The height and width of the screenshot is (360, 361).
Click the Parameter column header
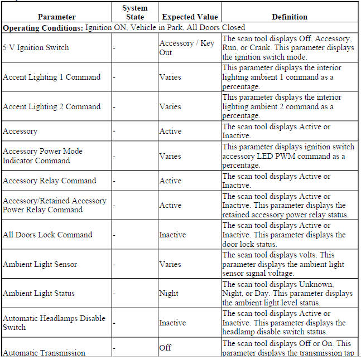pyautogui.click(x=56, y=17)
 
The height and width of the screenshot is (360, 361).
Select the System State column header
pyautogui.click(x=134, y=12)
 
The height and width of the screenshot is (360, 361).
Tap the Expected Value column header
pyautogui.click(x=189, y=17)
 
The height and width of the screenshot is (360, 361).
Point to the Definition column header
pyautogui.click(x=290, y=17)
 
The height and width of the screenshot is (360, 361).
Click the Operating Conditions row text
pyautogui.click(x=124, y=27)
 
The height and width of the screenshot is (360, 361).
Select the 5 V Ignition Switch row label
pyautogui.click(x=36, y=47)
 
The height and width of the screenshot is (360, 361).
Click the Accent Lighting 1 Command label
pyautogui.click(x=51, y=77)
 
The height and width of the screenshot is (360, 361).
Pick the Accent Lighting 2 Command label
pyautogui.click(x=51, y=106)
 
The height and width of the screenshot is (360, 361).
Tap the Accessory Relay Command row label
pyautogui.click(x=49, y=181)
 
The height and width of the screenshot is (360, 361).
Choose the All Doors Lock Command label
pyautogui.click(x=47, y=235)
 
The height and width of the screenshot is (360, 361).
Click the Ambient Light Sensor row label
pyautogui.click(x=40, y=264)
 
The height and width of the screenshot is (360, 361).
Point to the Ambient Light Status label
pyautogui.click(x=38, y=293)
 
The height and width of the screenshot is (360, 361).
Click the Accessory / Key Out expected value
pyautogui.click(x=186, y=47)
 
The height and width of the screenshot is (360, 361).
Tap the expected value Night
pyautogui.click(x=169, y=293)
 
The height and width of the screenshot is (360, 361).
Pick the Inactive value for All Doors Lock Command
pyautogui.click(x=172, y=235)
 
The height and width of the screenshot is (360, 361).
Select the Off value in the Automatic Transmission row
pyautogui.click(x=165, y=348)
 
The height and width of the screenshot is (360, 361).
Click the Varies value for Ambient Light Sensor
pyautogui.click(x=170, y=264)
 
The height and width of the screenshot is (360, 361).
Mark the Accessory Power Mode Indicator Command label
pyautogui.click(x=42, y=156)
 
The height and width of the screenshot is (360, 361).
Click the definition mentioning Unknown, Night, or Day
pyautogui.click(x=287, y=293)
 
